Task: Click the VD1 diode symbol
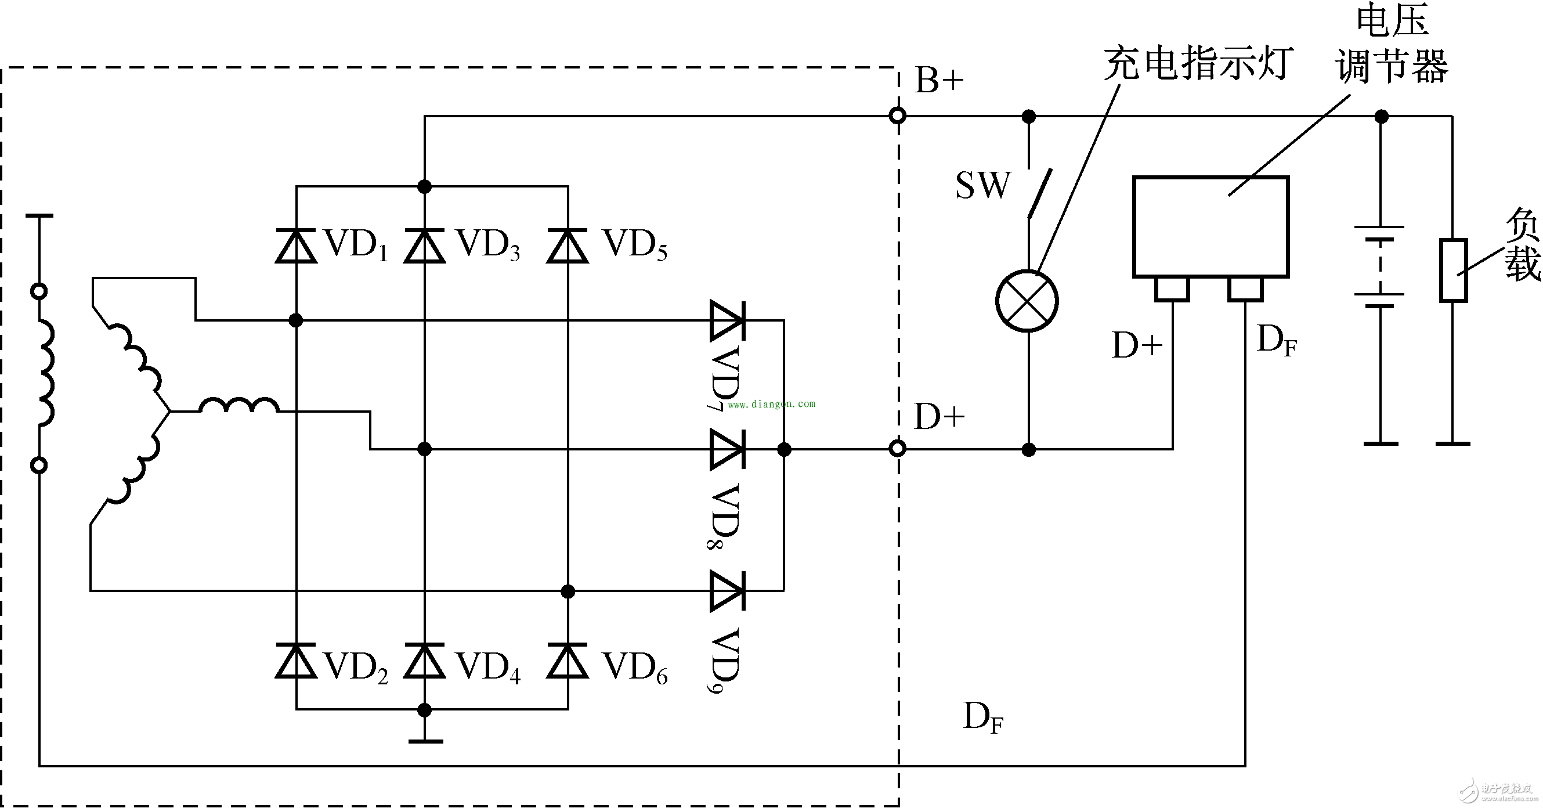pos(296,246)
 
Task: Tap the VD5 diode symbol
pos(568,246)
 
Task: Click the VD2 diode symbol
pos(296,661)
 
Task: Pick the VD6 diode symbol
pos(568,661)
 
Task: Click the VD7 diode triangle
pos(727,320)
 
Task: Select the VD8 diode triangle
pos(727,449)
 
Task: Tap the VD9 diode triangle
pos(727,591)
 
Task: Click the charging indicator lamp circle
pos(1027,301)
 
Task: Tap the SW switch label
pos(982,186)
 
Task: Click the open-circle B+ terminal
pos(897,116)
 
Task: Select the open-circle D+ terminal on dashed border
pos(897,448)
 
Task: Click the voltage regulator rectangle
pos(1210,226)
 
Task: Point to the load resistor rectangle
pos(1452,270)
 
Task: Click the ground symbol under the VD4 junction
pos(425,741)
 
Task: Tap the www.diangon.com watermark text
pos(772,405)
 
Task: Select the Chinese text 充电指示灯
pos(1197,63)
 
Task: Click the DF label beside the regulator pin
pos(1277,340)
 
